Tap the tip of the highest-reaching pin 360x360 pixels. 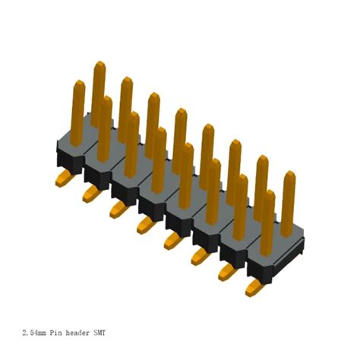(x=98, y=66)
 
